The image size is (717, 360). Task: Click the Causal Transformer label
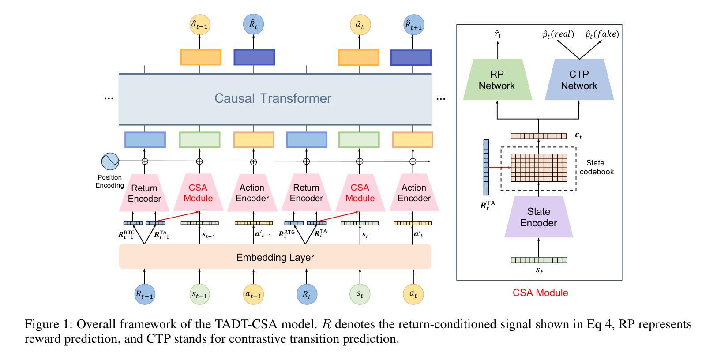pos(273,98)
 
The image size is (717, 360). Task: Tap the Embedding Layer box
pos(275,257)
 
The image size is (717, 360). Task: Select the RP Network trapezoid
pos(497,80)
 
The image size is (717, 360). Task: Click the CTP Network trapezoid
pos(579,80)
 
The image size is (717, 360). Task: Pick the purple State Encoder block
pos(539,217)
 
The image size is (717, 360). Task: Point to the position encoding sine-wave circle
pos(110,161)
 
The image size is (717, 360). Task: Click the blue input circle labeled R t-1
pos(145,294)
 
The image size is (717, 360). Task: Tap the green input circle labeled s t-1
pos(199,294)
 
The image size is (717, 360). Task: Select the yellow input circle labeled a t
pos(413,294)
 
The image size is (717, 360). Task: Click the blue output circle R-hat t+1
pos(413,25)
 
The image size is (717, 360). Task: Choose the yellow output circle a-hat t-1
pos(200,25)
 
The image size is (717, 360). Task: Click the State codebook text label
pos(597,167)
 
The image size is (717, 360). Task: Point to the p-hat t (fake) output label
pos(602,34)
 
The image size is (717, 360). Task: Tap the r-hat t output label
pos(498,34)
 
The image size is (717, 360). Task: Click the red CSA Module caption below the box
pos(541,292)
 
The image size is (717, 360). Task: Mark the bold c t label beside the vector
pos(578,136)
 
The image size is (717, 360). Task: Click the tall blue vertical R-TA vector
pos(486,167)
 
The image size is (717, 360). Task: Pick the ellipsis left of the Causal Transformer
pos(109,98)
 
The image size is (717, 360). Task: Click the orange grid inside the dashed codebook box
pos(539,168)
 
